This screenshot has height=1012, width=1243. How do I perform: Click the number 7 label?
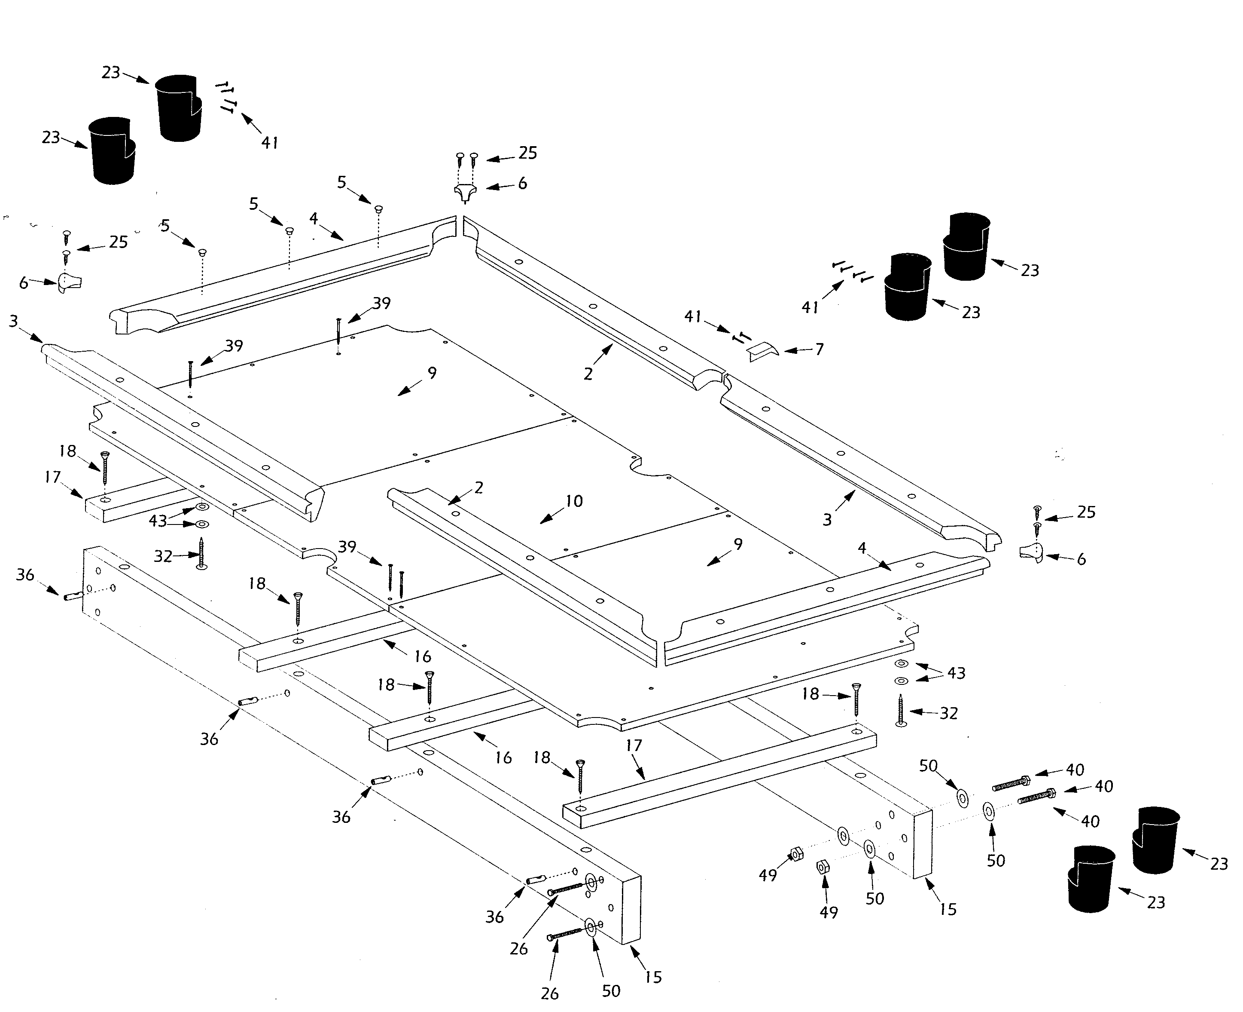point(819,349)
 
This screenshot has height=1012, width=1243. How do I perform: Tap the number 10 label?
point(574,501)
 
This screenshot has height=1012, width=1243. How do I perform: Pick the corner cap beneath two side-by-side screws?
point(465,192)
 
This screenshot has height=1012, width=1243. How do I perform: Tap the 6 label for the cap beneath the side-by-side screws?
point(522,184)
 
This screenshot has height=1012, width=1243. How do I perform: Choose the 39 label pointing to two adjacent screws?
point(347,547)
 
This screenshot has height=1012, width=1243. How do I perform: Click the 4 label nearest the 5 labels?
point(314,218)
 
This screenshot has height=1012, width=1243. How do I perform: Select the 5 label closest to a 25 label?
point(165,226)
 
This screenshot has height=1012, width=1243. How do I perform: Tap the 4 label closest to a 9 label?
point(862,548)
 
